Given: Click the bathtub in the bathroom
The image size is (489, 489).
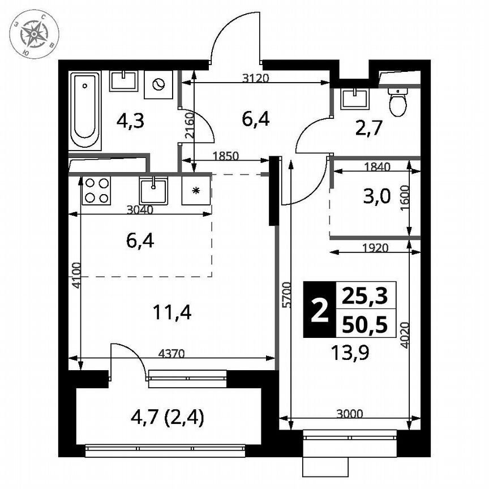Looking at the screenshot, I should coord(85,110).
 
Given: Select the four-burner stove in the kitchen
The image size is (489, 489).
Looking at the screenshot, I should coord(97,191).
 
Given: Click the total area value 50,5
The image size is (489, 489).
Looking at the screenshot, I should coord(366,325).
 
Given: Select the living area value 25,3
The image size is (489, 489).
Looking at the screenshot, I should coord(366,295).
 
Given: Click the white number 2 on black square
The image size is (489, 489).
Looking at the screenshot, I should coord(320,310).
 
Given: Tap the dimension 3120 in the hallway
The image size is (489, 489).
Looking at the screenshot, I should coord(254,79).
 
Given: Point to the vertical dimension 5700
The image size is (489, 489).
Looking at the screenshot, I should coord(286,294).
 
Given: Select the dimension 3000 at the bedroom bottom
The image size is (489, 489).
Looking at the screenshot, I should coord(349,414).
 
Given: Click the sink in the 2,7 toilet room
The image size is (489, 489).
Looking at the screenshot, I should coord(355,98).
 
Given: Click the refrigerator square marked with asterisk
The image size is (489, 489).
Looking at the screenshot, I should coord(196,190).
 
